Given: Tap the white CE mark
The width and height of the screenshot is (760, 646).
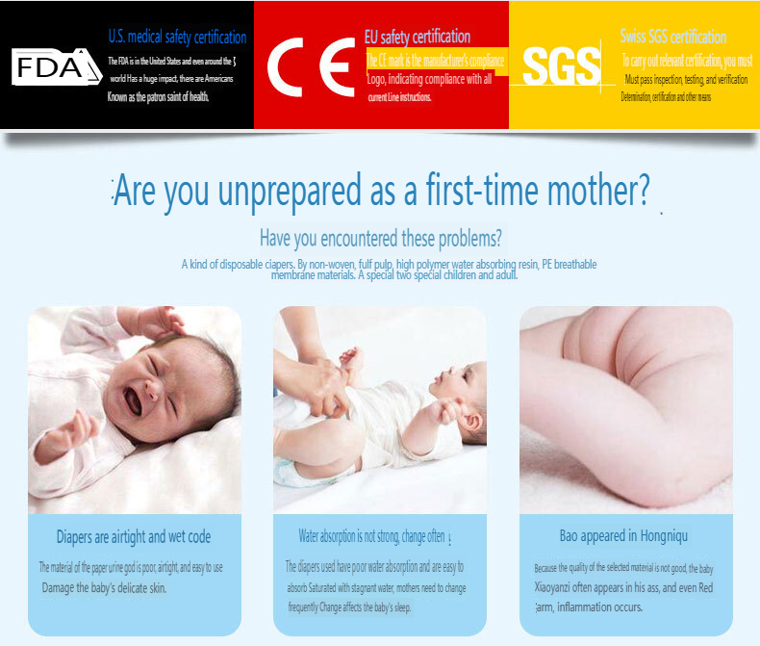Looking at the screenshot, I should [311, 67].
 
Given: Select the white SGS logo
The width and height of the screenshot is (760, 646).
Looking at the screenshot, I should [562, 66].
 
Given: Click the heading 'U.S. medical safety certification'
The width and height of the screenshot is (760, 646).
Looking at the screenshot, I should [177, 38].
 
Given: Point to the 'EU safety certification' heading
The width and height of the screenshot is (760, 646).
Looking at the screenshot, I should [418, 38].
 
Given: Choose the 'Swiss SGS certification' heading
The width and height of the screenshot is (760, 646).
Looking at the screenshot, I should [673, 38].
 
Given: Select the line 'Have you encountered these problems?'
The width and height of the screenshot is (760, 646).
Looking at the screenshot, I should [380, 237].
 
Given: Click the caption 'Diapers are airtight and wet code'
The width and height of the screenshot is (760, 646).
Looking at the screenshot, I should [134, 536].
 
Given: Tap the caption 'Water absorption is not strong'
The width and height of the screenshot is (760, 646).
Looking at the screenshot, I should [371, 536].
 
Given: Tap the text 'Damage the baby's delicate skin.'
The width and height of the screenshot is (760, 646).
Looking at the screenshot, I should [105, 587].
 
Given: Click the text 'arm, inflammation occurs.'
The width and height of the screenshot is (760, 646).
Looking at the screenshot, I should [589, 607].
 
